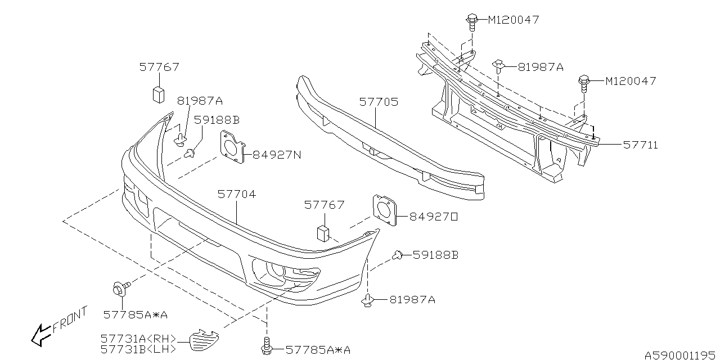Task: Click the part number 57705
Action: point(379,102)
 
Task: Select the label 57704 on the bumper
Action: point(236,194)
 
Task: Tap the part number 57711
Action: point(640,145)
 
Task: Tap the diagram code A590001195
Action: point(681,355)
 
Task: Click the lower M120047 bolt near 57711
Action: point(583,83)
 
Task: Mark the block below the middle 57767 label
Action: point(323,232)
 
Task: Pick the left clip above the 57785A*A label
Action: point(119,289)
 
